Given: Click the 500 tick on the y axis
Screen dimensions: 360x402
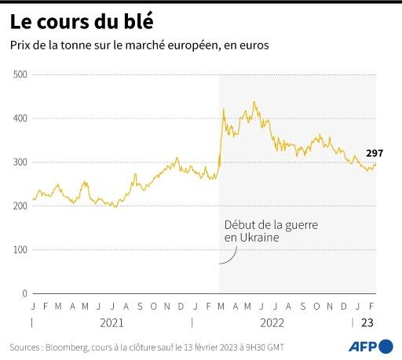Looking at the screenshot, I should point(20,75).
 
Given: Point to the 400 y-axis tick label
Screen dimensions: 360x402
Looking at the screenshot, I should point(20,118).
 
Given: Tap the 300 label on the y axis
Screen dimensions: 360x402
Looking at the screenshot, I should point(20,162).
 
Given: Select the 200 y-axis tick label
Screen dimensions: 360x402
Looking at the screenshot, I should point(20,206).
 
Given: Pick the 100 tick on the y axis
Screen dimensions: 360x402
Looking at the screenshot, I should point(20,250).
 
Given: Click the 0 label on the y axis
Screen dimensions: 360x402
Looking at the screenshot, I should point(24,293).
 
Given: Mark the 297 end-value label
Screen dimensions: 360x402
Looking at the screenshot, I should point(374,153).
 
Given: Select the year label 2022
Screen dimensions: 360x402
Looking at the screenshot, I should point(272,322).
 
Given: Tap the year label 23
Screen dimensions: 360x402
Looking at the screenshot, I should point(367,322).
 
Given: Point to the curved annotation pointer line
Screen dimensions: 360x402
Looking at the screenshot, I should point(228,256).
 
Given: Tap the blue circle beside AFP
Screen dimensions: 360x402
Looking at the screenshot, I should point(386,345).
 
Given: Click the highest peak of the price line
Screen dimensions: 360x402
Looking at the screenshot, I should point(254,102).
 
